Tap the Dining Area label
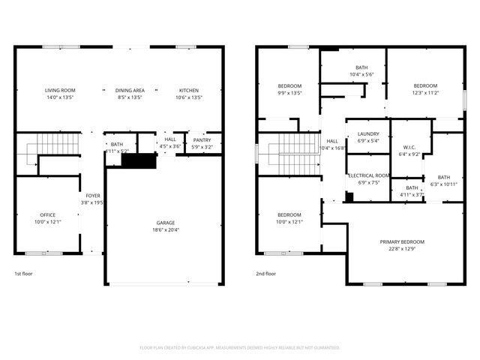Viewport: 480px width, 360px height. (129, 90)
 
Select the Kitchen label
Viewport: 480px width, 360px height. (188, 90)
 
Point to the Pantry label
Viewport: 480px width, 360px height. (202, 139)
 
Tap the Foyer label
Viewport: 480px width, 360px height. (92, 195)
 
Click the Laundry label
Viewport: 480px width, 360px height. (368, 133)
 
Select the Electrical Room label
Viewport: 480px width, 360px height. (368, 175)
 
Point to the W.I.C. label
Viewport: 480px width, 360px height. (409, 147)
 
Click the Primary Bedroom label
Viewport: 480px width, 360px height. (402, 241)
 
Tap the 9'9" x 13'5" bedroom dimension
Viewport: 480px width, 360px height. (289, 93)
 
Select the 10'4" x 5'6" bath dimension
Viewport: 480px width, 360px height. (351, 74)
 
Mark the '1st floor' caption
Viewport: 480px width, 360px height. (24, 274)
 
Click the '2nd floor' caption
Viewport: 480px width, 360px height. (266, 274)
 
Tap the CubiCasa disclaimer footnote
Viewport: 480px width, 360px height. (240, 347)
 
